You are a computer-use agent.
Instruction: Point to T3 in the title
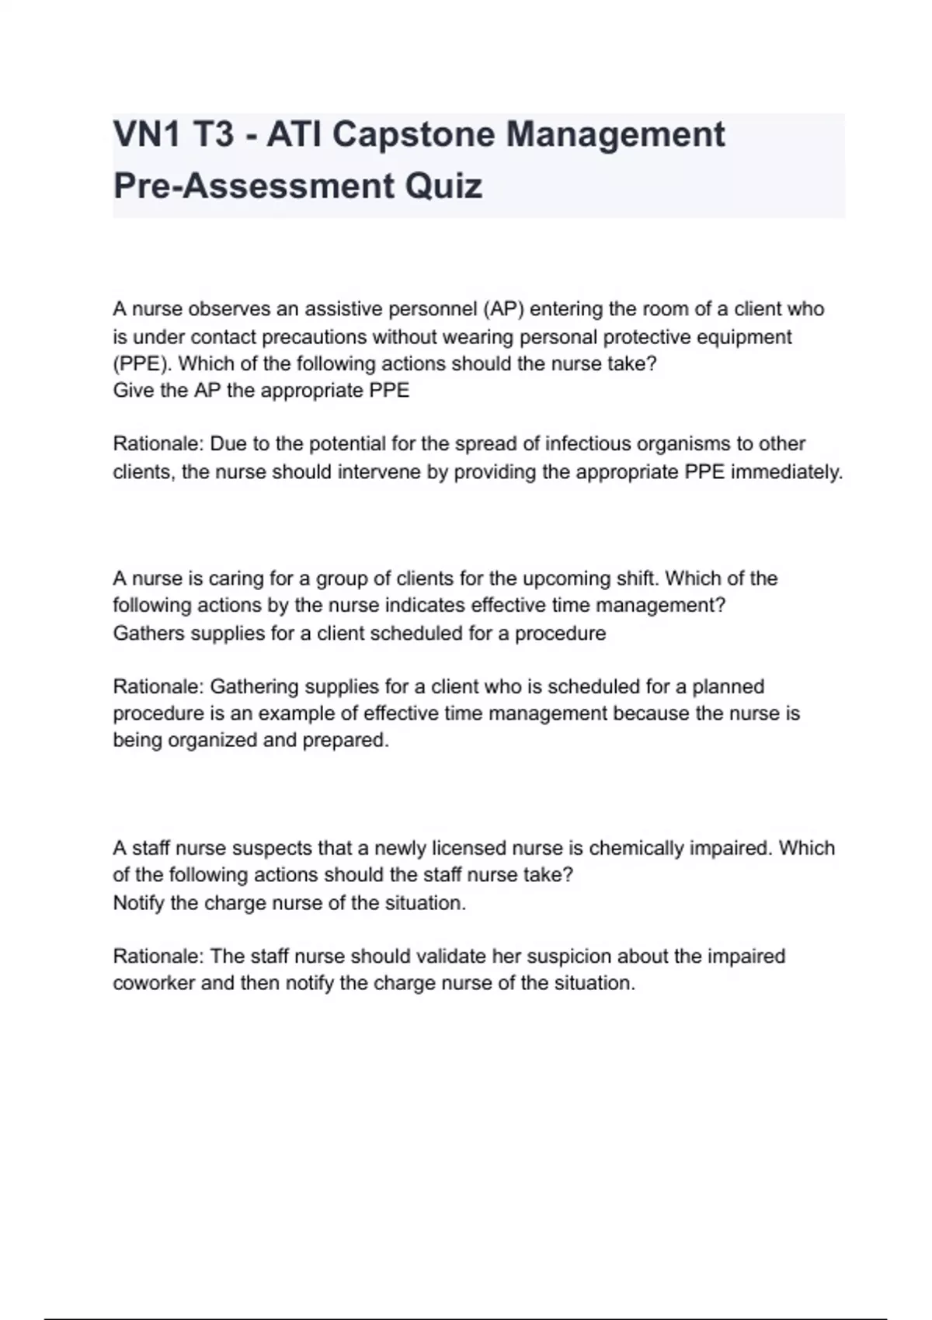click(213, 134)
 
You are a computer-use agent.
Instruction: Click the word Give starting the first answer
click(133, 390)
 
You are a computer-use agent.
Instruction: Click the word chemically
click(641, 848)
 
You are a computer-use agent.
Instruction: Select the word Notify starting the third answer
click(139, 903)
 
